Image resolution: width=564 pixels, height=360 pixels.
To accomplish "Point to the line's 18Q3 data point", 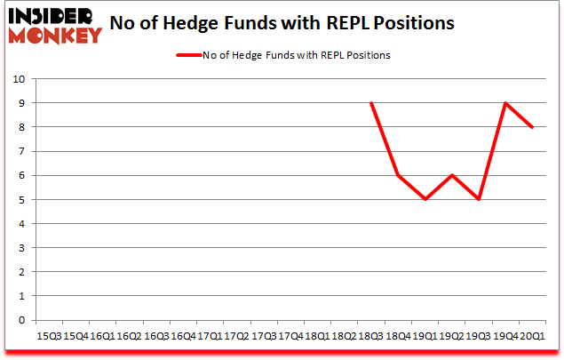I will (x=370, y=103).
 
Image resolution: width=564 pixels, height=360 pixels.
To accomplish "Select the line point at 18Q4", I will (x=397, y=175).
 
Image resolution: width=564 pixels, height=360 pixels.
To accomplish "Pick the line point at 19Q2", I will (x=452, y=175).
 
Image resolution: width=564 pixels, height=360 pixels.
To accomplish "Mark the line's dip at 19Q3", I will (x=478, y=199).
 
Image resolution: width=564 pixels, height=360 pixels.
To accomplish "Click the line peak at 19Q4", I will (x=505, y=103).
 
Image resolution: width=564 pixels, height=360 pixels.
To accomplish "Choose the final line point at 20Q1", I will (x=532, y=127).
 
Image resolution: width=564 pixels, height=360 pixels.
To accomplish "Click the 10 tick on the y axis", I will (x=19, y=79).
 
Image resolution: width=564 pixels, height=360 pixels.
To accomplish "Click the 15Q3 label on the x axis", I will (x=48, y=338).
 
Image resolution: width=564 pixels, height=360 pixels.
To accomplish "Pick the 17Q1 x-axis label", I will (x=210, y=338).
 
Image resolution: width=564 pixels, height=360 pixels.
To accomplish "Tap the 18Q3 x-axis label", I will (x=371, y=338).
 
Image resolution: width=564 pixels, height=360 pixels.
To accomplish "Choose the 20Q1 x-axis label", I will (x=533, y=338).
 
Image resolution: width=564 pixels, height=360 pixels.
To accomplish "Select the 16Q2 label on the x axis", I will (x=129, y=338).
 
